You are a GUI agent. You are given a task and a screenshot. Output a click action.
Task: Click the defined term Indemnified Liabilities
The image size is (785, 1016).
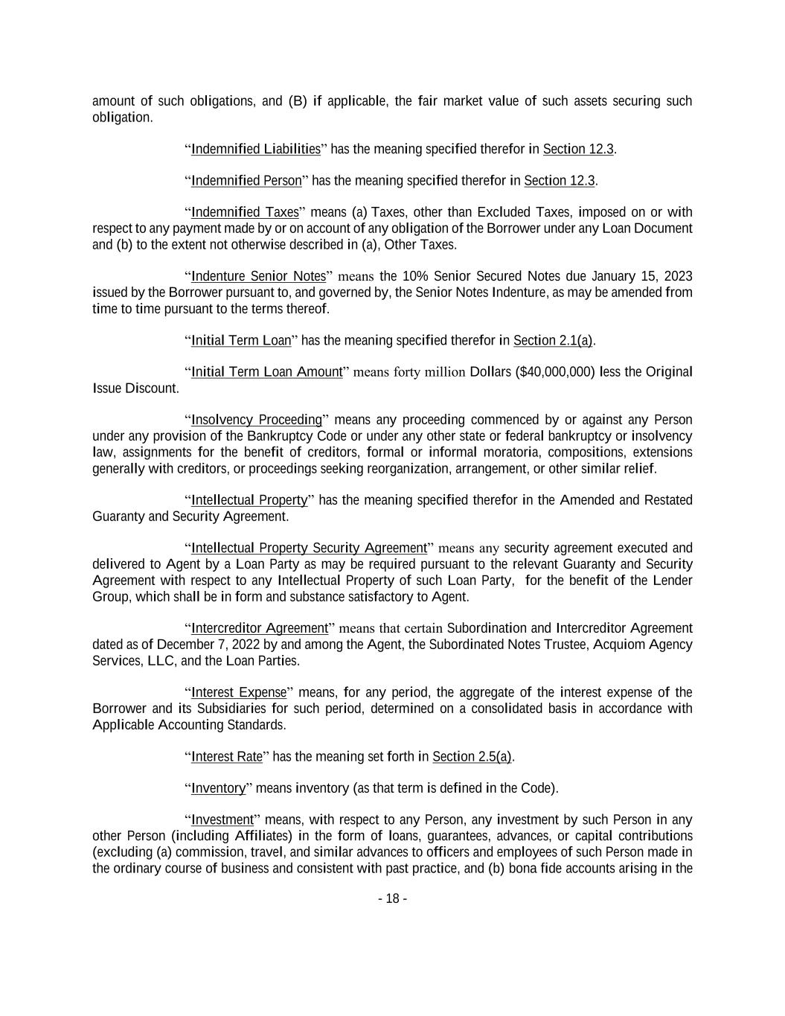tap(255, 149)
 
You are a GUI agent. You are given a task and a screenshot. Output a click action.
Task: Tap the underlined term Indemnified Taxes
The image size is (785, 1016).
tap(245, 212)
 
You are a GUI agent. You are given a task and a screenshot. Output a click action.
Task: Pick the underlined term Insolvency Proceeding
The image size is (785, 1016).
tap(256, 419)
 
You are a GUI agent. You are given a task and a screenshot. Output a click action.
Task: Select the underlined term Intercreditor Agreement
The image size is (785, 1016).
tap(259, 627)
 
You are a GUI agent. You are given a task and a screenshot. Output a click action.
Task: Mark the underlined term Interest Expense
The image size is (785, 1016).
tap(238, 692)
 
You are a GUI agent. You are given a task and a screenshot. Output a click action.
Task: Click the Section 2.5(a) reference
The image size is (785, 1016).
tap(472, 756)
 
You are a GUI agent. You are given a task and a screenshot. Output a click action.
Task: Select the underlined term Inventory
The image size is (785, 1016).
tap(218, 787)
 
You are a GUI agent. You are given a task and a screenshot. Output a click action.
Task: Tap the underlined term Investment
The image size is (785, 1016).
tap(222, 819)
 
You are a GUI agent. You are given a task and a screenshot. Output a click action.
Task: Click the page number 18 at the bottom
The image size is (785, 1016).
tap(392, 898)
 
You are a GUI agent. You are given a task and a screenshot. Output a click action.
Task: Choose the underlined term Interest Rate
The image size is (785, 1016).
tap(226, 756)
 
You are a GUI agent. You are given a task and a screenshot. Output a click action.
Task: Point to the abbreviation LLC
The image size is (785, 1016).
tap(161, 660)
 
